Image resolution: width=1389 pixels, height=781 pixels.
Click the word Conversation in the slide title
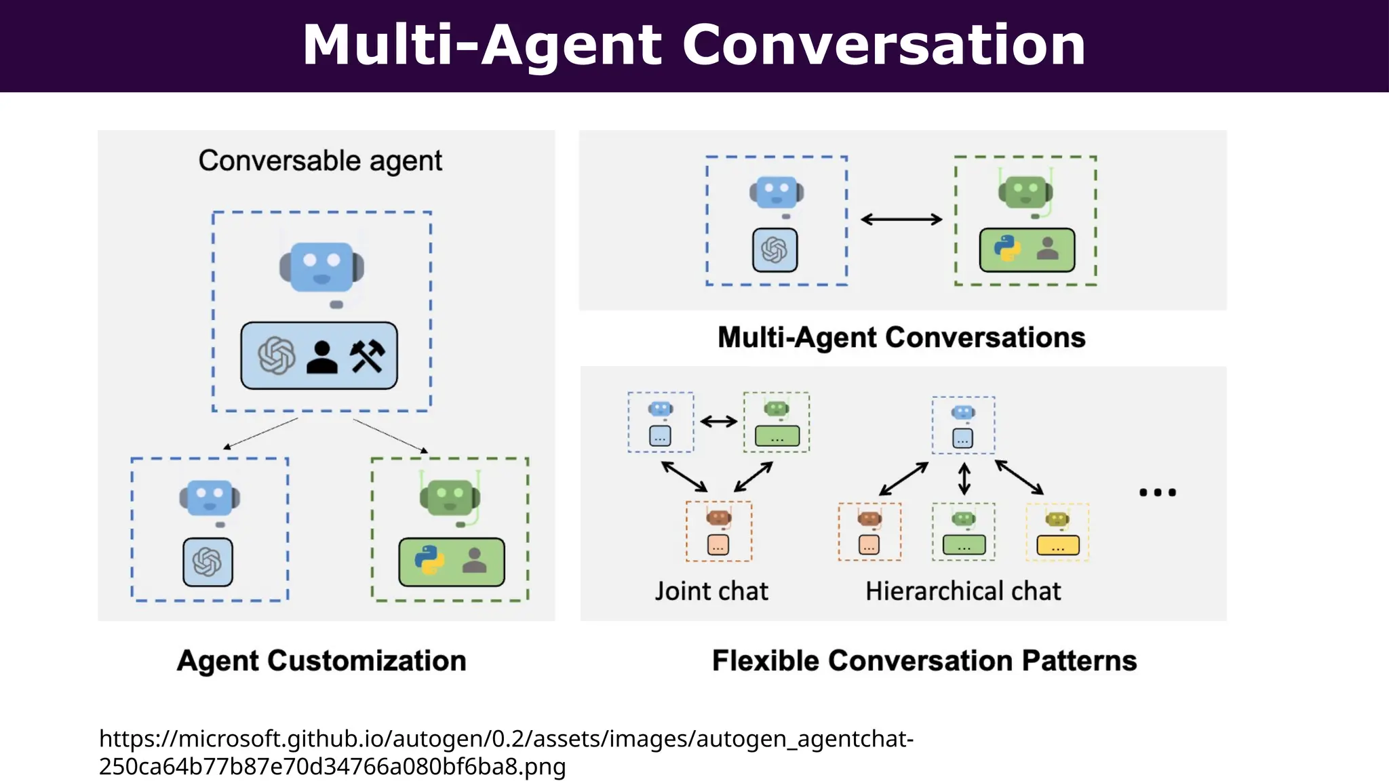coord(883,45)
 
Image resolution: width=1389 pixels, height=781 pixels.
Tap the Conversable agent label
coord(320,161)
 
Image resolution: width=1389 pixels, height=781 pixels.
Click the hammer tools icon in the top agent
coord(367,356)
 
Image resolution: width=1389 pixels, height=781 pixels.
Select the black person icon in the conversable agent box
coord(321,357)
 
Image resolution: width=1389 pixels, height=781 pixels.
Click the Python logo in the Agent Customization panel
coord(429,561)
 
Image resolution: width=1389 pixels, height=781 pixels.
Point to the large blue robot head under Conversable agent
coord(321,266)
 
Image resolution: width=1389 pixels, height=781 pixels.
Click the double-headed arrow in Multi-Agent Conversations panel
coord(901,219)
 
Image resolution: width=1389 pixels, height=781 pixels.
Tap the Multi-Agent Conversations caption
coord(901,337)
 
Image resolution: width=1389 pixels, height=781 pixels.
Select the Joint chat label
coord(711,591)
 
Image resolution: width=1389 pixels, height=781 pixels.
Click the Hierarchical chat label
coord(962,591)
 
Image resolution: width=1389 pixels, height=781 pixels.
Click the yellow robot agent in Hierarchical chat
coord(1057,532)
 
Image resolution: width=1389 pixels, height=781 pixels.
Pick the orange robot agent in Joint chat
coord(718,531)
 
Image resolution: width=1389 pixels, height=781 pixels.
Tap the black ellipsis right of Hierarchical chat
coord(1157,492)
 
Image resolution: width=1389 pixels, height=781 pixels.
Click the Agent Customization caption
coord(321,660)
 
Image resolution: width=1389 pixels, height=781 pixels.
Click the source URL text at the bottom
coord(506,752)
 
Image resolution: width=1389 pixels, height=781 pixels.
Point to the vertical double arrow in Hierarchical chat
coord(964,479)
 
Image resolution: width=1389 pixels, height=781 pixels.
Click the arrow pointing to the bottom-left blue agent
coord(261,433)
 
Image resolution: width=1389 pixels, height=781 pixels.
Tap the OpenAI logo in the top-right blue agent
coord(775,250)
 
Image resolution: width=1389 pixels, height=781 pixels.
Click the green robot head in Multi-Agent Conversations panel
coord(1025,192)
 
